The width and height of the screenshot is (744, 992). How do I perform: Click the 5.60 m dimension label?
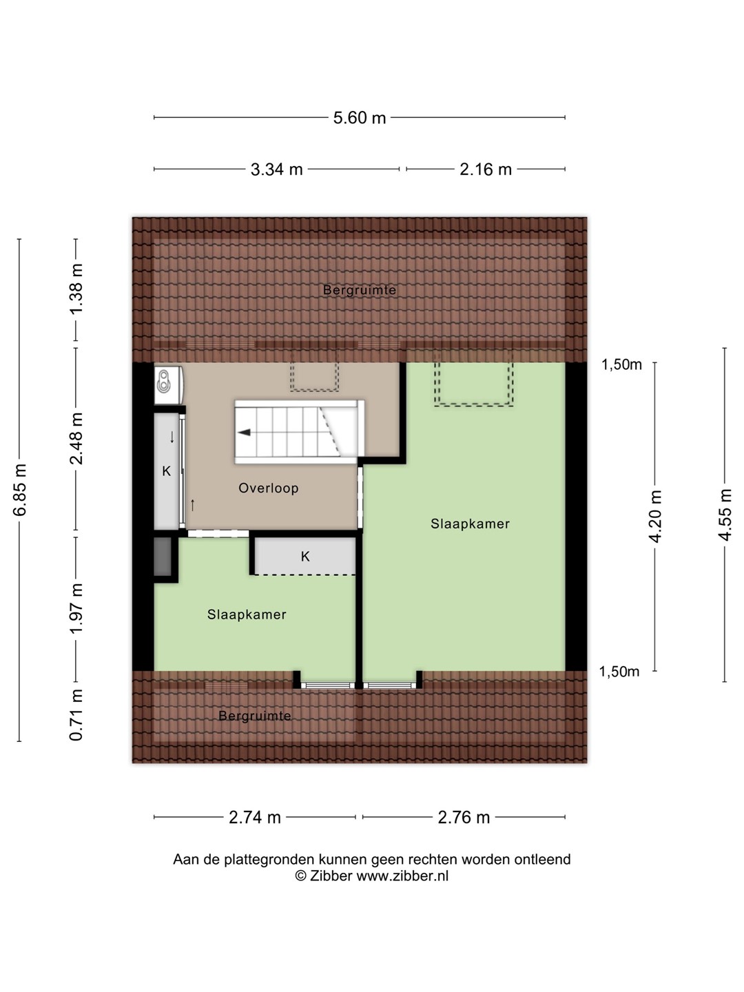coord(360,118)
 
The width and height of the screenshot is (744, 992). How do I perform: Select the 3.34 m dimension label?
coord(276,169)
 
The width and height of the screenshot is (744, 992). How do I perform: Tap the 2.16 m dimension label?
coord(486,169)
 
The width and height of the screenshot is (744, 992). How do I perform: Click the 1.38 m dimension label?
coord(76,289)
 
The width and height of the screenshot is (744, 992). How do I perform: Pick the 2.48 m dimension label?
coord(76,438)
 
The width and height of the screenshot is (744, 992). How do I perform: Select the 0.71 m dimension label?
coord(76,715)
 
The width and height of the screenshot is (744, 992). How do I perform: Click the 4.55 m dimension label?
coord(725,515)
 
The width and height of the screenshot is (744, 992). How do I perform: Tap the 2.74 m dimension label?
coord(255,818)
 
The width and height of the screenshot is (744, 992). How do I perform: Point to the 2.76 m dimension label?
coord(464,818)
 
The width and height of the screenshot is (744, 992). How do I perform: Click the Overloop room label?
coord(269,488)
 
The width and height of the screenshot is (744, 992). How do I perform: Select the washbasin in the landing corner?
coord(168,386)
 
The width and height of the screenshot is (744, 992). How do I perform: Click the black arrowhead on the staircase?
coord(245,433)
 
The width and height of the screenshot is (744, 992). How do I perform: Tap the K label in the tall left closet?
coord(166,471)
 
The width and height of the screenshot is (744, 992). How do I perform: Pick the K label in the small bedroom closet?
coord(305,557)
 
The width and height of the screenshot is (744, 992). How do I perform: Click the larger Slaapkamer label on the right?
coord(470,524)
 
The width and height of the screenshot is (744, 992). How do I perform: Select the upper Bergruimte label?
coord(360,290)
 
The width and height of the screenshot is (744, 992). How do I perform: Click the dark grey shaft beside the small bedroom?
coord(163,557)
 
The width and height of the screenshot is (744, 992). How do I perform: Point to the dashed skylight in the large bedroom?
coord(474,380)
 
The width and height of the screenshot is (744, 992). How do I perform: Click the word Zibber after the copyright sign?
coord(331,876)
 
